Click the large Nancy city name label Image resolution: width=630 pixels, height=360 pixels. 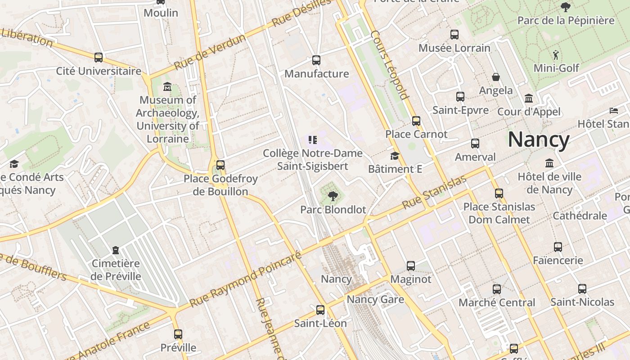[539, 139]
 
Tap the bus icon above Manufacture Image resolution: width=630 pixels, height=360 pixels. [316, 60]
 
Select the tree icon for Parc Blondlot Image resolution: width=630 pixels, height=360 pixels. [333, 196]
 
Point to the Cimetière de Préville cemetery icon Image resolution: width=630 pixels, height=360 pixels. [116, 250]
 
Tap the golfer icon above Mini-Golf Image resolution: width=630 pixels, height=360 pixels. [556, 55]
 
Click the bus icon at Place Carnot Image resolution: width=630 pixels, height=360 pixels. [416, 121]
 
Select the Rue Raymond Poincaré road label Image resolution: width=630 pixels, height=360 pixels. [245, 279]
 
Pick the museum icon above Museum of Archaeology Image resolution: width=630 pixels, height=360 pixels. [168, 86]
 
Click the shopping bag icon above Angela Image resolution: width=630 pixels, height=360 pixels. [496, 77]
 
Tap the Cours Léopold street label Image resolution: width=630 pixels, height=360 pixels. [390, 65]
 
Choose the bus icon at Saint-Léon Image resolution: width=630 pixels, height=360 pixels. [320, 310]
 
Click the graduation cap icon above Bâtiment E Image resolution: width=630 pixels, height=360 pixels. [395, 156]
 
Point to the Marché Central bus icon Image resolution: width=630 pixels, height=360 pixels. [497, 289]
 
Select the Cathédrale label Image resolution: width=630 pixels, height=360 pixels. [580, 216]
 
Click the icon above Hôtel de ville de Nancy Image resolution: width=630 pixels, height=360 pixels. [549, 163]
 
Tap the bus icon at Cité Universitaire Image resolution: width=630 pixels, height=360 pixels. [99, 58]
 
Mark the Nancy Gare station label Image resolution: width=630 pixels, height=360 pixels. [375, 299]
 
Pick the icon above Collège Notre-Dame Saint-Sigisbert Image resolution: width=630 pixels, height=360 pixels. [313, 140]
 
